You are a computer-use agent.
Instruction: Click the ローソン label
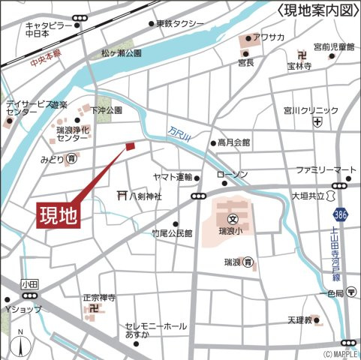pos(232,175)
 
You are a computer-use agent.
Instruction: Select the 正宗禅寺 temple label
pos(99,297)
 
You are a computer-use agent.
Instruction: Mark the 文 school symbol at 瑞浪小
pos(233,220)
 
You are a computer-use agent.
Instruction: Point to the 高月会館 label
pos(235,142)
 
